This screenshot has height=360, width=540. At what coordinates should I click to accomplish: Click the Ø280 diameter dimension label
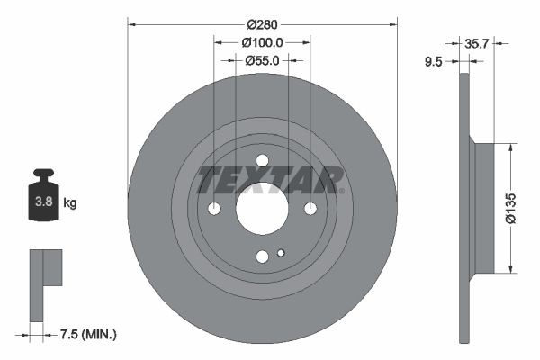click(262, 24)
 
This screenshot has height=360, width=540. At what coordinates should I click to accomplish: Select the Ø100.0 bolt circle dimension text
click(263, 42)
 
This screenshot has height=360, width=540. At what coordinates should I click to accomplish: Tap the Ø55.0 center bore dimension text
click(263, 60)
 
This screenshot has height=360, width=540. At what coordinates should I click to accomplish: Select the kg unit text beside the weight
click(70, 203)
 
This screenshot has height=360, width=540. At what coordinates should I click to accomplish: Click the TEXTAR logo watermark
click(270, 180)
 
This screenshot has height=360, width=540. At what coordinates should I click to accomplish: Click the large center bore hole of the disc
click(262, 209)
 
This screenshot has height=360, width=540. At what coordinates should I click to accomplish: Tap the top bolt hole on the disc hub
click(262, 161)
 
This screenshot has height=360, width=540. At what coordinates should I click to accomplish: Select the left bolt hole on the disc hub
click(214, 209)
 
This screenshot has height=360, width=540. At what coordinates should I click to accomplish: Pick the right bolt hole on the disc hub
click(310, 209)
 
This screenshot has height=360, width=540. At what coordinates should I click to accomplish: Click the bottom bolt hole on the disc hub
click(262, 256)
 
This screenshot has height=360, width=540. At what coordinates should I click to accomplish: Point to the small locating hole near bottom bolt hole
click(281, 253)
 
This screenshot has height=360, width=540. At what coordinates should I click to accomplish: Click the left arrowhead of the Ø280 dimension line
click(130, 24)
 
